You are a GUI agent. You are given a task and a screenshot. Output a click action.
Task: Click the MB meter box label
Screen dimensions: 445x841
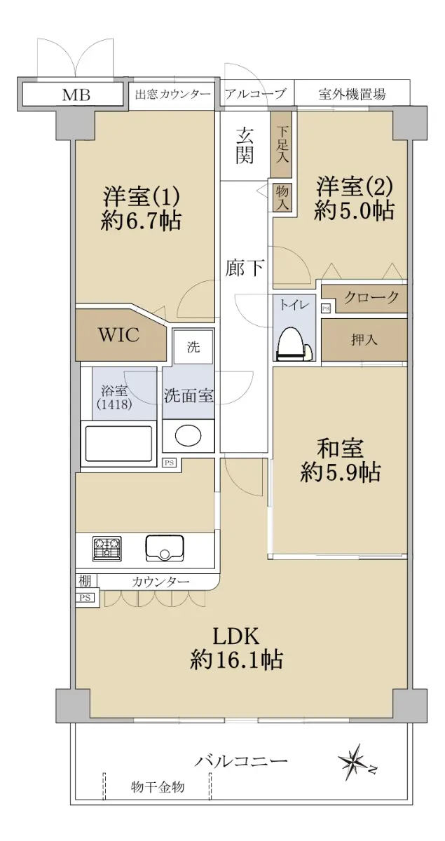[76, 95]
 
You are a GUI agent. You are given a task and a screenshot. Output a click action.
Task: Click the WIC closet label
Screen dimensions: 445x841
[118, 334]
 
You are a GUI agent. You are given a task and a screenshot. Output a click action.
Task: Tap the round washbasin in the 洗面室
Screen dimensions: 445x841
[188, 435]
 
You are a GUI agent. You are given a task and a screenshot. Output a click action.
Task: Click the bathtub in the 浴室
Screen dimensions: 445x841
[119, 444]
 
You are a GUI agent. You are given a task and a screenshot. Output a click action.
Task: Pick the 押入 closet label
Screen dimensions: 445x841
[364, 340]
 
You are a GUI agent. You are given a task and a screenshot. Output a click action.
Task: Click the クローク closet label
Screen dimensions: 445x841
[371, 298]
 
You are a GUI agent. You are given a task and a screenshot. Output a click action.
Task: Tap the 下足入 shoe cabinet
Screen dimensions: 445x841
[282, 144]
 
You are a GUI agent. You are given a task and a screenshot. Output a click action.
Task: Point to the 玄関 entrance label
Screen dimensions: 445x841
[244, 146]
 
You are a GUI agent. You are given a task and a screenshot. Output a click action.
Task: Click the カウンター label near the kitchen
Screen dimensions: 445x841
[160, 582]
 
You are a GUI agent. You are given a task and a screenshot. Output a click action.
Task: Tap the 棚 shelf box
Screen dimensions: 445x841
[85, 581]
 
